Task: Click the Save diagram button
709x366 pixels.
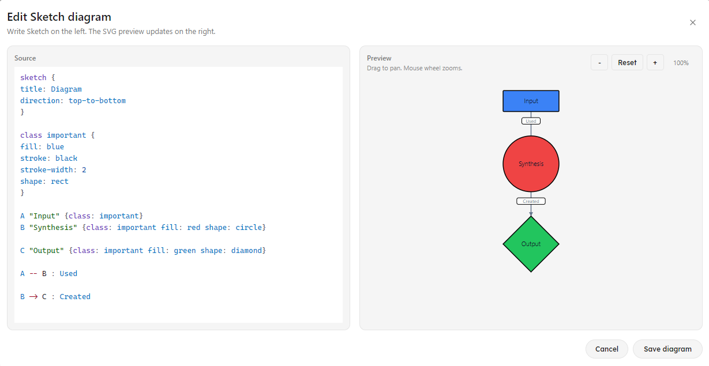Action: click(x=667, y=349)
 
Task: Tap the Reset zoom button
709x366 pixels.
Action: click(x=627, y=63)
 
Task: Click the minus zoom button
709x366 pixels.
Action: click(x=599, y=63)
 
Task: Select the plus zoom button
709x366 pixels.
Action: click(x=655, y=63)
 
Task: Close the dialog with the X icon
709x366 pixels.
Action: click(x=692, y=22)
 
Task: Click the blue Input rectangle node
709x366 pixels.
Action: click(x=531, y=101)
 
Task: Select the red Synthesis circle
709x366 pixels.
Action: click(x=531, y=164)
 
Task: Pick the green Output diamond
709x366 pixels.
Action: click(x=531, y=244)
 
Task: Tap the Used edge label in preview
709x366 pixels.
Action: click(x=531, y=121)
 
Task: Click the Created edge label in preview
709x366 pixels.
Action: click(x=531, y=201)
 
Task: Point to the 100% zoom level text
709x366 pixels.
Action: click(x=681, y=63)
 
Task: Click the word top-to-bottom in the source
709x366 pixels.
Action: click(x=97, y=101)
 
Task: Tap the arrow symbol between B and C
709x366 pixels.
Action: click(x=33, y=297)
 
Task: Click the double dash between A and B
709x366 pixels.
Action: click(x=33, y=274)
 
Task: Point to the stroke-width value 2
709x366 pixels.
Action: click(x=84, y=170)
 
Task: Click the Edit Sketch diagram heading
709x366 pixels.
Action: click(x=59, y=17)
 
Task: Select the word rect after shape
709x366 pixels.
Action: click(x=59, y=182)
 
